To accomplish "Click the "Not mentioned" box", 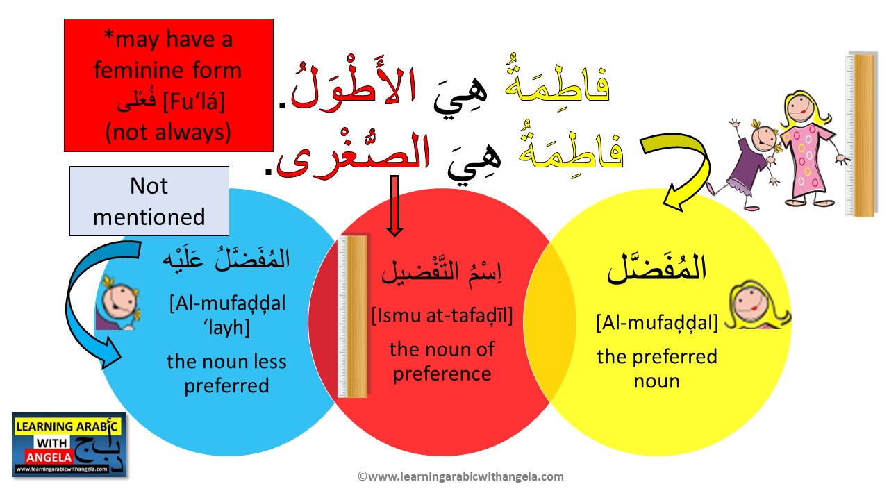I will (149, 201).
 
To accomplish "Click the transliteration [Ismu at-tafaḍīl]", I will (442, 317).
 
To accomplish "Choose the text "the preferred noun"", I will (656, 369).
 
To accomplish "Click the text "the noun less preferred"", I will (226, 373).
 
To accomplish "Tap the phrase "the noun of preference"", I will (442, 361).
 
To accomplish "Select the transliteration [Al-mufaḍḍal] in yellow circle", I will (656, 323).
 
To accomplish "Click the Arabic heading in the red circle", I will (442, 272).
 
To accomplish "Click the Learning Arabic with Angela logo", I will (69, 444).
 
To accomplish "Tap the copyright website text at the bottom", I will (460, 476).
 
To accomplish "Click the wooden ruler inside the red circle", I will (353, 316).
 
